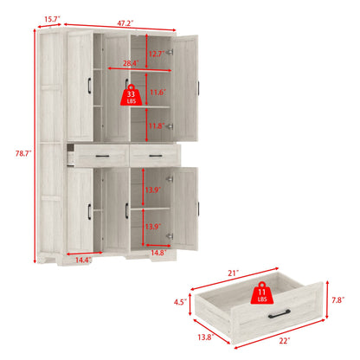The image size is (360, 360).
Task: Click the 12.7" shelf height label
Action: click(156, 55)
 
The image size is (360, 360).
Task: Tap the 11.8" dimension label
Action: click(156, 125)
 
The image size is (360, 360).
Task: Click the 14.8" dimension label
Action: click(157, 254)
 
